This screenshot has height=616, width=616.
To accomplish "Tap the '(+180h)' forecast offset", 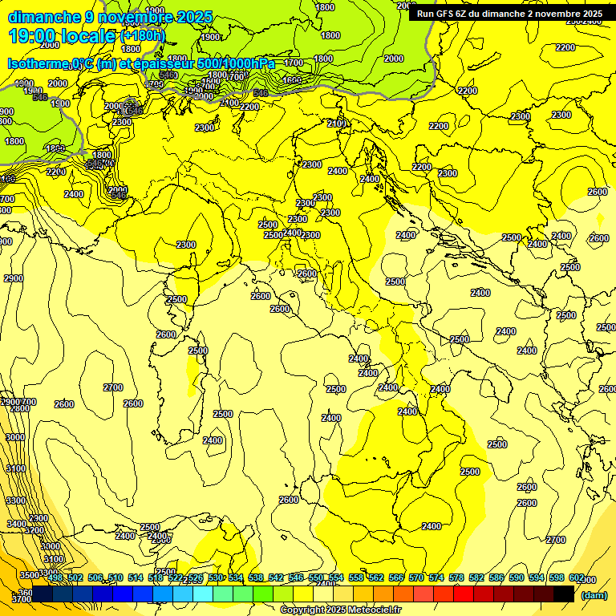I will click(144, 36).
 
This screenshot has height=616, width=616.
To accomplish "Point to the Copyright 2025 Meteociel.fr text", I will click(339, 610).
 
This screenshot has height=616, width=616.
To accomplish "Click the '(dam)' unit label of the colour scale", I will click(593, 595).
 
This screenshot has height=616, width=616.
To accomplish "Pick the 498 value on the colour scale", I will click(55, 578).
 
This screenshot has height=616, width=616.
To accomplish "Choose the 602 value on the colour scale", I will click(577, 578).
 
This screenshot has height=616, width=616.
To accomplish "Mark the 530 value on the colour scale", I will click(216, 578).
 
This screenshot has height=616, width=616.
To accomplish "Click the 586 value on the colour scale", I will click(496, 578).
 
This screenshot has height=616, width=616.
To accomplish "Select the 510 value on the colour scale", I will click(115, 578).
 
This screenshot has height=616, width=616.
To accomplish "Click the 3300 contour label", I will click(16, 500).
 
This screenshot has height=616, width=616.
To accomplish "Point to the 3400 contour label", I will click(17, 524).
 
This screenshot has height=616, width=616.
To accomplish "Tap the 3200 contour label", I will click(34, 530).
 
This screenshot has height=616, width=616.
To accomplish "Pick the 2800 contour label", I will click(19, 409).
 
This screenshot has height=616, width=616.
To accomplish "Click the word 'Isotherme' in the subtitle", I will click(37, 63).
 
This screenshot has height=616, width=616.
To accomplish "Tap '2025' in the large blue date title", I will click(193, 17).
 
